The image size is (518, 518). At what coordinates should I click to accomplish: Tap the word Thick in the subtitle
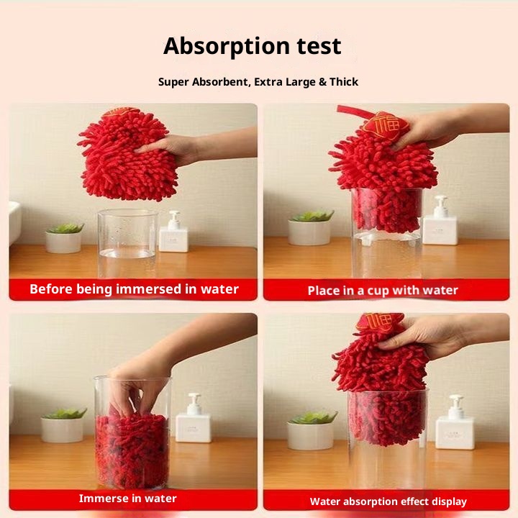click(x=344, y=82)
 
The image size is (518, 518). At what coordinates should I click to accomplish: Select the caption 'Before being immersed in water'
click(x=134, y=289)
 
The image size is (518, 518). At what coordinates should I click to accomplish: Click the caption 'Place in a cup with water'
click(x=383, y=291)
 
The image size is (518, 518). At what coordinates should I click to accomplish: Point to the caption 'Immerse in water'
click(x=127, y=499)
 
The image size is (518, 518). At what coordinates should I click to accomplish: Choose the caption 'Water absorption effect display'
click(x=388, y=501)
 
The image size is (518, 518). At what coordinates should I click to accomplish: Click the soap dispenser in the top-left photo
click(x=173, y=233)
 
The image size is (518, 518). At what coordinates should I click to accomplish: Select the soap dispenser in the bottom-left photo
click(x=194, y=419)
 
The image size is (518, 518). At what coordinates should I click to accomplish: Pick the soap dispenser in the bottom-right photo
click(x=455, y=424)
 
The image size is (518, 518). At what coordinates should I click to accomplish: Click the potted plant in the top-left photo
click(x=65, y=237)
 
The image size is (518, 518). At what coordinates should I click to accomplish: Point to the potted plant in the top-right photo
click(x=310, y=227)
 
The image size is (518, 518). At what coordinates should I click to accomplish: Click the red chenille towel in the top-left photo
click(x=126, y=157)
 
